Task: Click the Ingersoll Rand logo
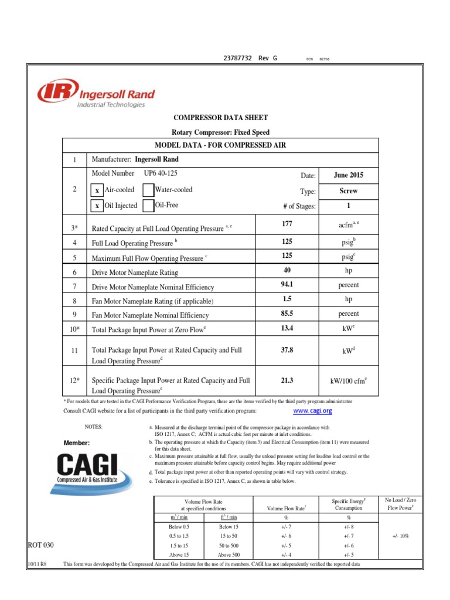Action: coord(96,93)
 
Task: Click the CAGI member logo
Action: coord(87,468)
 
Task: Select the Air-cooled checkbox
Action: coord(97,190)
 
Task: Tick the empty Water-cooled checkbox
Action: coord(148,190)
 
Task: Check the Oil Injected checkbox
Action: coord(97,206)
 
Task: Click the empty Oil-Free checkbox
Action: coord(148,206)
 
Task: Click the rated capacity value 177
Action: coord(287,224)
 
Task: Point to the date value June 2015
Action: coord(349,175)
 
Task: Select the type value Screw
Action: coord(349,191)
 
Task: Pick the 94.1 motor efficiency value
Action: coord(287,285)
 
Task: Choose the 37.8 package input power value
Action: coord(287,350)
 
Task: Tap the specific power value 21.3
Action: coord(287,380)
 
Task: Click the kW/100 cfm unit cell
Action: coord(349,381)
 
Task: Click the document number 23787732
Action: coord(238,59)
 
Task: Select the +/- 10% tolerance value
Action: coord(400,536)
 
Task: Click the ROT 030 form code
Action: coord(41,546)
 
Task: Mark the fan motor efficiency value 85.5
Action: coord(287,314)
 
